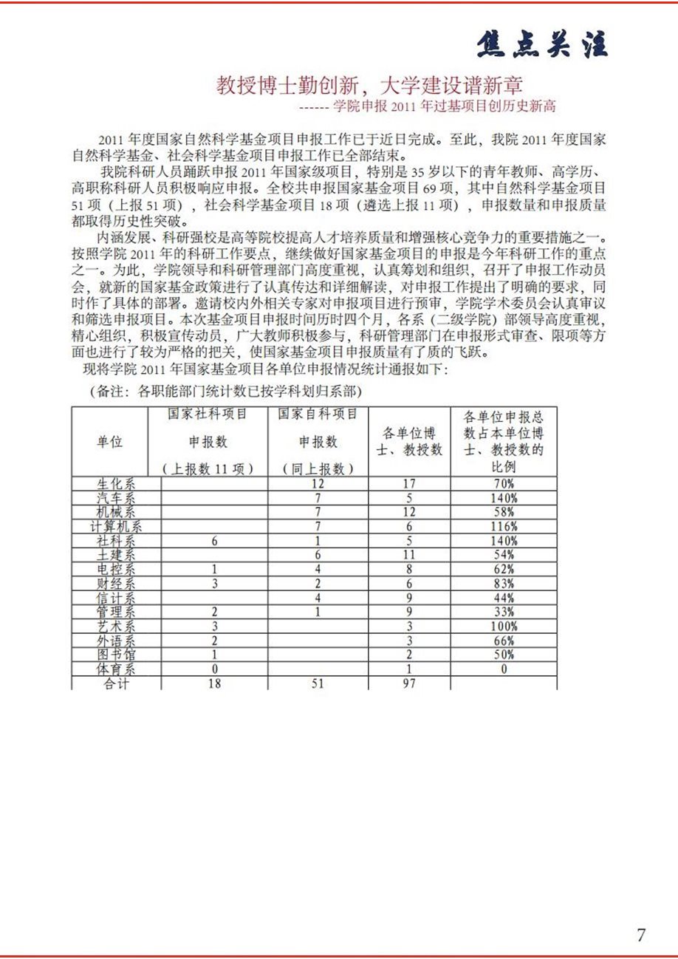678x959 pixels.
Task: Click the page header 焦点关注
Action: (x=542, y=44)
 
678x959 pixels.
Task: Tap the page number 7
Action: (x=640, y=935)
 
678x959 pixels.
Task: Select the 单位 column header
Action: (x=110, y=442)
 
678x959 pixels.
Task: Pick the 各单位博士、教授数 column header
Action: (x=409, y=442)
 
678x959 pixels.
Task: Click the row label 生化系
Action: (x=116, y=484)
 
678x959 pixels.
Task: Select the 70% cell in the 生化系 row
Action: (x=504, y=484)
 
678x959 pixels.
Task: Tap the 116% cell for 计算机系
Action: (x=504, y=527)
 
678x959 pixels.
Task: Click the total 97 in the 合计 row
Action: (x=409, y=683)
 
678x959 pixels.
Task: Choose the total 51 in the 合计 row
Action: (x=318, y=683)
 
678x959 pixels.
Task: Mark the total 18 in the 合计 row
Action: (x=214, y=683)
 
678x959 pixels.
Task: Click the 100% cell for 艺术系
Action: (x=504, y=627)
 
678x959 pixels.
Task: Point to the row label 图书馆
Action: (x=116, y=655)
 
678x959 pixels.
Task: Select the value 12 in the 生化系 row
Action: (x=318, y=484)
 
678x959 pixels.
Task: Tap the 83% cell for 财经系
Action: (x=504, y=584)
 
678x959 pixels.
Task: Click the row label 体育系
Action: (x=116, y=669)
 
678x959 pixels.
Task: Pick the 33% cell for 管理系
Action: (x=504, y=612)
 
